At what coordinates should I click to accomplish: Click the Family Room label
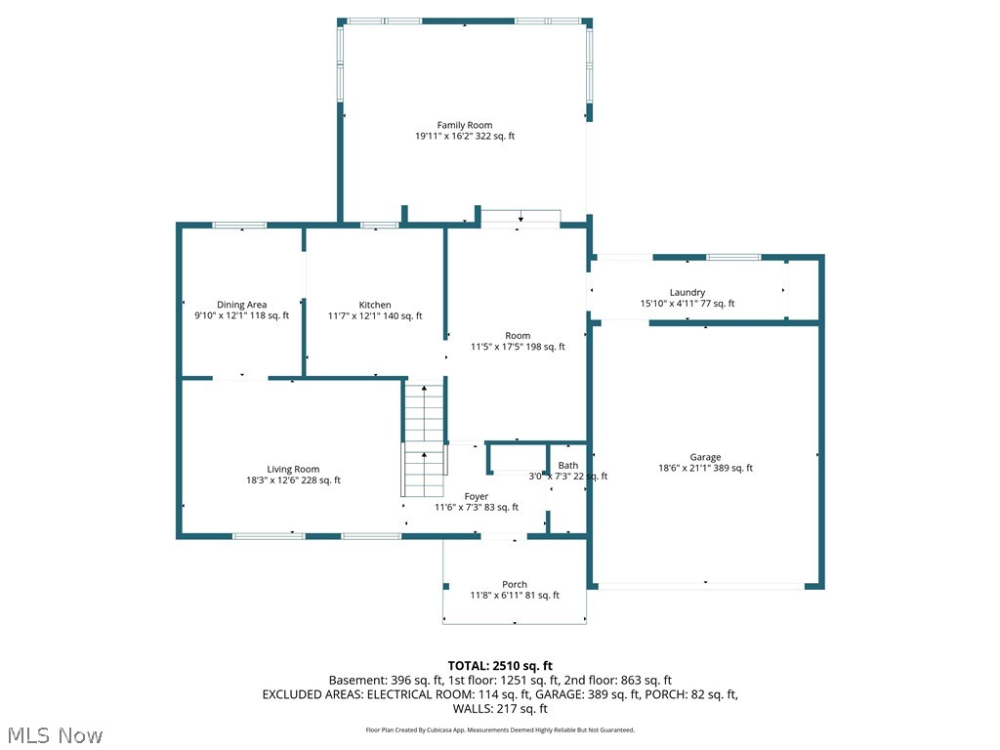(x=465, y=125)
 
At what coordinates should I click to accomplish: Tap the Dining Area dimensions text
(x=241, y=316)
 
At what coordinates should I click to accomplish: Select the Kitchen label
(x=375, y=305)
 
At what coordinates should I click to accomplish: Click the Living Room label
(x=293, y=469)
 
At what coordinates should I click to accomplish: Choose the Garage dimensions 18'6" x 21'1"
(x=705, y=469)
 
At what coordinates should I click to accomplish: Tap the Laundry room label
(x=687, y=292)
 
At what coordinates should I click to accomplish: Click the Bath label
(x=568, y=465)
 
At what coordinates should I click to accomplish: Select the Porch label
(x=515, y=584)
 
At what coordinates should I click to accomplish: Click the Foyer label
(x=477, y=496)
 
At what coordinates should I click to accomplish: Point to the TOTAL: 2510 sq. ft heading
(x=500, y=665)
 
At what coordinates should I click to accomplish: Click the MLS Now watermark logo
(x=54, y=734)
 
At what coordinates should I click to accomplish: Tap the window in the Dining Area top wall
(x=240, y=226)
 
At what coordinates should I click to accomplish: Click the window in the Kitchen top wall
(x=379, y=226)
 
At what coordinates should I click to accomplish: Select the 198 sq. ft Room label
(x=518, y=336)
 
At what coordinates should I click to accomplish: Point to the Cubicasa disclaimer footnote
(x=500, y=729)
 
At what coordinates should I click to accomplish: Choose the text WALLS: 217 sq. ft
(x=500, y=709)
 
